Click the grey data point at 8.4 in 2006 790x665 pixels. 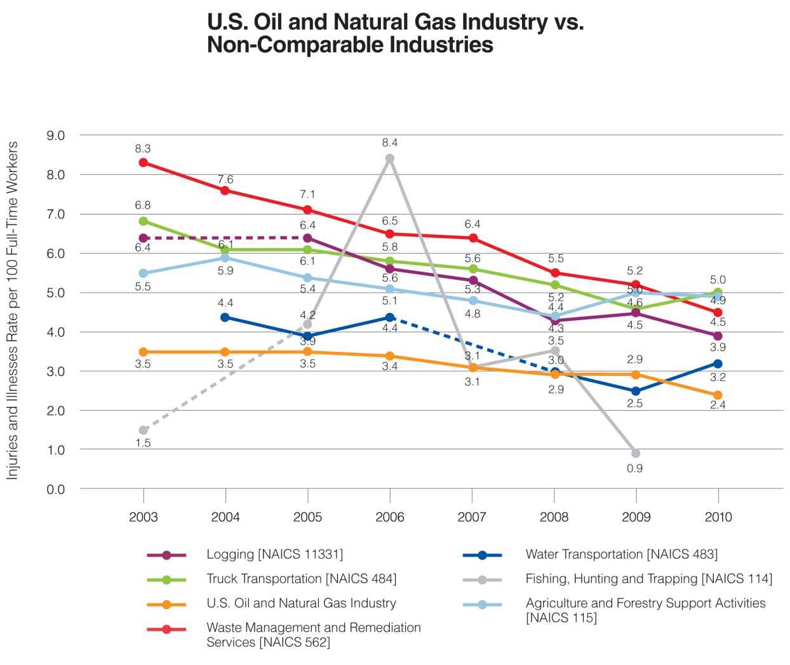tap(390, 158)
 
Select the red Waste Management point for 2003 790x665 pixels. tap(144, 163)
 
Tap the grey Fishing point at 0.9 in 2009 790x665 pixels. tap(636, 453)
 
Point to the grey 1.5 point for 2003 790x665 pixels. tap(144, 430)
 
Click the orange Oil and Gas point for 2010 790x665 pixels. tap(718, 395)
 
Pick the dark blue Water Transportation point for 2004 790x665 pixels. tap(225, 317)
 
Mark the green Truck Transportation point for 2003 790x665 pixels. tap(144, 221)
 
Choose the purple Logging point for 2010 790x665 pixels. tap(718, 336)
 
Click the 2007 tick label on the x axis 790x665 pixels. tap(472, 517)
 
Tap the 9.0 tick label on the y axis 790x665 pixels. tap(56, 135)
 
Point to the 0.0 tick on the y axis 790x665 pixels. tap(56, 489)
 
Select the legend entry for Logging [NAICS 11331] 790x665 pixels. tap(274, 554)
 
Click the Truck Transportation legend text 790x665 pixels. tap(301, 579)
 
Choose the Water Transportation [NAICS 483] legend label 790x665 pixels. tap(621, 554)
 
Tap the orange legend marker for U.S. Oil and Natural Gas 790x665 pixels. tap(166, 604)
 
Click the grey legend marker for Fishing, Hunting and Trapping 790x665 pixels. tap(483, 579)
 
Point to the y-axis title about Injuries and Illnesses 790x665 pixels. tap(12, 311)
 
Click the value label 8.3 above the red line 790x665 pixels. tap(143, 149)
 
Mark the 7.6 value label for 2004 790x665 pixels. tap(225, 180)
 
